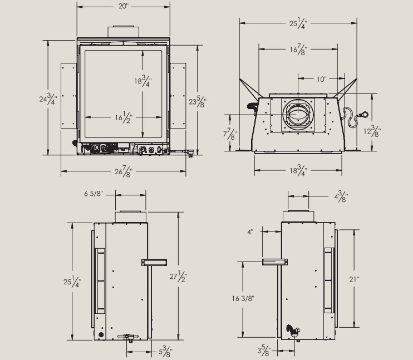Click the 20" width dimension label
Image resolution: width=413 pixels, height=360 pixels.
coord(123,7)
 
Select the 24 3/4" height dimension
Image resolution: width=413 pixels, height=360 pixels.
coord(44,100)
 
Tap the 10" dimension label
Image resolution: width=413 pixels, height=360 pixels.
coord(321,79)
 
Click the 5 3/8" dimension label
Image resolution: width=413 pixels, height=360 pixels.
coord(165,352)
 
